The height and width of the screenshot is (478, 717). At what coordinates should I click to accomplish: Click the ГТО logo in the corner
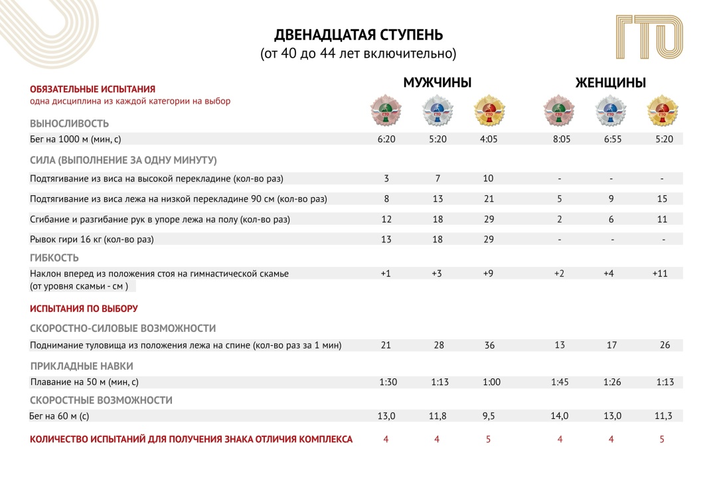[649, 38]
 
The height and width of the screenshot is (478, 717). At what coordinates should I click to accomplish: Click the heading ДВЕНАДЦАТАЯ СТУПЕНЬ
[358, 35]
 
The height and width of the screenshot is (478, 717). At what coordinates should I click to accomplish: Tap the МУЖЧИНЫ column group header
[438, 83]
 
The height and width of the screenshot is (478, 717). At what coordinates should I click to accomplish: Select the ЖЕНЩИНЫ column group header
[611, 83]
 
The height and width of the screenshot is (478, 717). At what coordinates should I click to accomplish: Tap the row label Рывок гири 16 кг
[96, 239]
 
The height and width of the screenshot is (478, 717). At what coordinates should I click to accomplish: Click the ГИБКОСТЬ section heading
[54, 258]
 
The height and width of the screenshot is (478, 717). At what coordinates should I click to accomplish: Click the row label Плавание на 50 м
[84, 382]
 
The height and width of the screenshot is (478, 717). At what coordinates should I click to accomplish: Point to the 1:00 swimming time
[490, 382]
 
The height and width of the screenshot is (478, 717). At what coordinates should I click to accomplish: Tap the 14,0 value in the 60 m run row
[560, 416]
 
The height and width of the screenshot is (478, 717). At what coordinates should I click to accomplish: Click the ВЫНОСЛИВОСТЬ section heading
[69, 123]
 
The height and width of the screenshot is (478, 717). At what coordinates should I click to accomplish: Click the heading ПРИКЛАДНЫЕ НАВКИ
[82, 366]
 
